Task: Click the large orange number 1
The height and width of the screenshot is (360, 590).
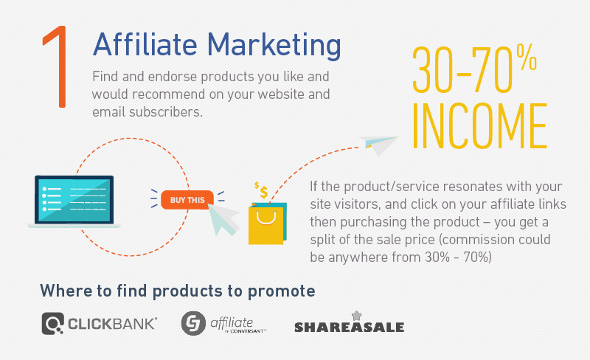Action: (58, 70)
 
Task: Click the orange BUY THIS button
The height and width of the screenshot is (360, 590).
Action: (187, 200)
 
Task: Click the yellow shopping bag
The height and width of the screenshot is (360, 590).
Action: (265, 224)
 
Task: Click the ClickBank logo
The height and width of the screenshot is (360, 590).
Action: (99, 323)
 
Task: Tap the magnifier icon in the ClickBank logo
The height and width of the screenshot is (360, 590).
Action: (52, 323)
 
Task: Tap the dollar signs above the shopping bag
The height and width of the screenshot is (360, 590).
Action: (260, 190)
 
